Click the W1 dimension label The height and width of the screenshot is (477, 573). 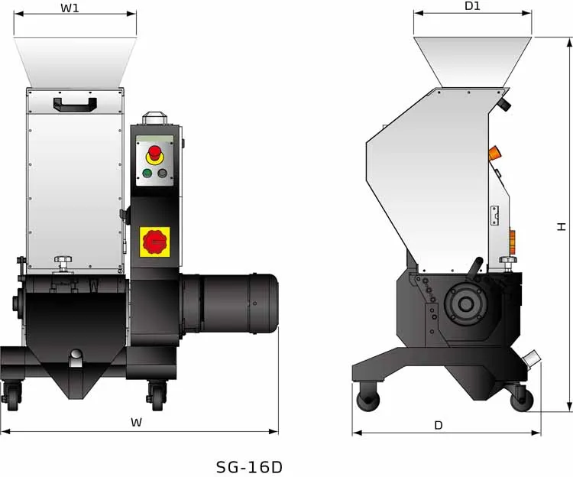(70, 8)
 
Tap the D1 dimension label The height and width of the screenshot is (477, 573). (472, 6)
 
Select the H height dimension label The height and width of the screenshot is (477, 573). (562, 226)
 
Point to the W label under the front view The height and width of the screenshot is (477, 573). (136, 422)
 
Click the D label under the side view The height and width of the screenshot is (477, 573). (438, 425)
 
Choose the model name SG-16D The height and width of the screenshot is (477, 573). (249, 466)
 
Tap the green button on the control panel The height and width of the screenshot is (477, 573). (147, 173)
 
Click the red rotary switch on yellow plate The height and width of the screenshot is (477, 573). (155, 242)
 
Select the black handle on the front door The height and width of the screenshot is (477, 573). (74, 103)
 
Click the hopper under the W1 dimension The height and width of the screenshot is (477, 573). (75, 61)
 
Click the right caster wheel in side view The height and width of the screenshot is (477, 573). (523, 396)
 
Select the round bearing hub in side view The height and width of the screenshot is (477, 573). (465, 303)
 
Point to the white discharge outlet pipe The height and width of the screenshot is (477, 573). (531, 359)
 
